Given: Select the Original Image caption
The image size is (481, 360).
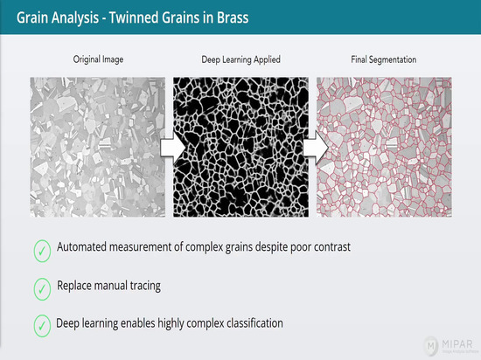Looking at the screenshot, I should tap(98, 59).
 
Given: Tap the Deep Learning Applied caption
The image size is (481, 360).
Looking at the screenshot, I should tap(240, 59).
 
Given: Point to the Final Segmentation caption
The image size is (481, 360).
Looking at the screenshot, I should tap(384, 59).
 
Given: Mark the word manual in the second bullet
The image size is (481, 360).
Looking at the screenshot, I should tap(114, 286).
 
